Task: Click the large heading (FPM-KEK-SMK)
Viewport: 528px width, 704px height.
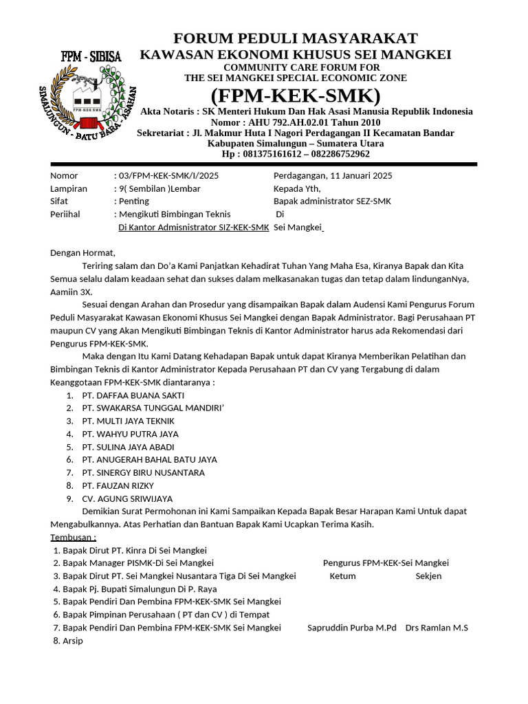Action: (x=296, y=94)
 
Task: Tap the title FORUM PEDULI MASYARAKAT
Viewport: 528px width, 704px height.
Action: (x=295, y=38)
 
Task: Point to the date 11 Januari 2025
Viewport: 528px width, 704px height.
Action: (x=354, y=175)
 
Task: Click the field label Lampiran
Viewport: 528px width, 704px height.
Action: (x=69, y=188)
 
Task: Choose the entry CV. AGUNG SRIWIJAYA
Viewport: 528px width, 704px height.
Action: (x=127, y=498)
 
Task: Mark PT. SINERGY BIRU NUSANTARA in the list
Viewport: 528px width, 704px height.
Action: (x=142, y=472)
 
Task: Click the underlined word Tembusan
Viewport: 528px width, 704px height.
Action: (x=73, y=537)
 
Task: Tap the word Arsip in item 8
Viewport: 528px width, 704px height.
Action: (x=73, y=640)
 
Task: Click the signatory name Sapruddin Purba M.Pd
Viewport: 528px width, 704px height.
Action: (x=352, y=627)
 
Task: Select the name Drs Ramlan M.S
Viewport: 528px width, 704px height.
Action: (x=437, y=627)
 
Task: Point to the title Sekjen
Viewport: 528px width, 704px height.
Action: (x=428, y=575)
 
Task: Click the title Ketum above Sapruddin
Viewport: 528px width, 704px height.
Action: (x=342, y=575)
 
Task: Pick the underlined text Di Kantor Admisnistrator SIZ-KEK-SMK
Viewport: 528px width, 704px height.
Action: (x=193, y=227)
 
